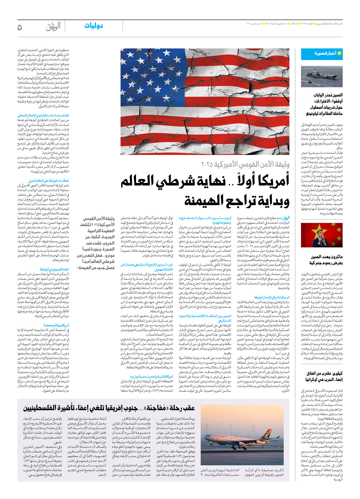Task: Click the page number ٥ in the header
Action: pos(20,27)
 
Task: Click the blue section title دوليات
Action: pos(94,26)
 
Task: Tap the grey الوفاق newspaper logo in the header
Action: pos(53,27)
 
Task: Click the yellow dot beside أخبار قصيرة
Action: pos(339,53)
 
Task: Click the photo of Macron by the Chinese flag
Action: pos(322,235)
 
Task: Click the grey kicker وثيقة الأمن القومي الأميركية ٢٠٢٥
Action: pos(245,165)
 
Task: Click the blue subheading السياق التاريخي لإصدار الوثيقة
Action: pos(272,297)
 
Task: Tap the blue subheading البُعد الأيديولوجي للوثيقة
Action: pos(54,269)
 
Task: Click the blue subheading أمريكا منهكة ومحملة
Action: pos(56,325)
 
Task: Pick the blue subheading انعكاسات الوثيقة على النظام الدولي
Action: pos(49,181)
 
